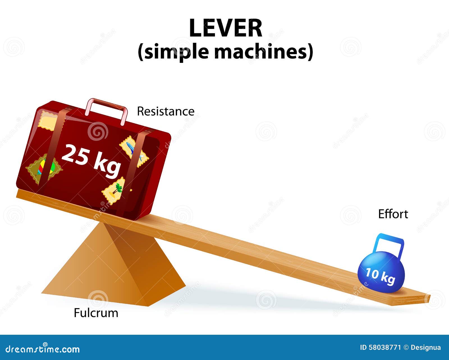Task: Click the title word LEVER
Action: pos(225,28)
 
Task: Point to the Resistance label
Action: pos(166,111)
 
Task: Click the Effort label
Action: pos(393,214)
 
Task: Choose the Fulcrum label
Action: pos(96,313)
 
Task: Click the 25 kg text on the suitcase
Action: pos(91,160)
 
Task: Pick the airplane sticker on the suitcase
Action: pos(134,151)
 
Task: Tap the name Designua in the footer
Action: pos(426,348)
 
